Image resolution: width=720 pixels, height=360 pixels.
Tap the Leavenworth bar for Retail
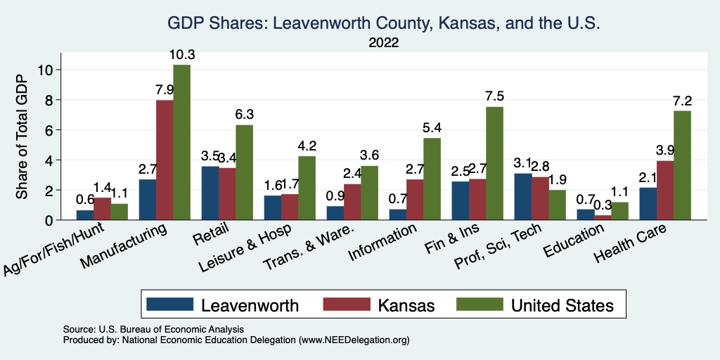[209, 193]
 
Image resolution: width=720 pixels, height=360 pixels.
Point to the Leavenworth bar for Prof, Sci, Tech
[522, 197]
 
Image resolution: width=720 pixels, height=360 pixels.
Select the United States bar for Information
[432, 179]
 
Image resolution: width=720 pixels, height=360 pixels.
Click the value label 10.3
[181, 54]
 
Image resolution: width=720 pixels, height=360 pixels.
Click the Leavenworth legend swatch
[169, 304]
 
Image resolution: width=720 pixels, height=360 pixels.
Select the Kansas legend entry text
[406, 305]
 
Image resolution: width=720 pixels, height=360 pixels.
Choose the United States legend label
[562, 305]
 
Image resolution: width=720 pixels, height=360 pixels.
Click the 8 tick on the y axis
[49, 100]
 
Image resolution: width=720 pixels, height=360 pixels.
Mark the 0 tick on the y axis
[49, 220]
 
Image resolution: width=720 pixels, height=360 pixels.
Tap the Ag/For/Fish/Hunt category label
[55, 250]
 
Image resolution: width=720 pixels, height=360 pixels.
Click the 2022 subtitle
[383, 43]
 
